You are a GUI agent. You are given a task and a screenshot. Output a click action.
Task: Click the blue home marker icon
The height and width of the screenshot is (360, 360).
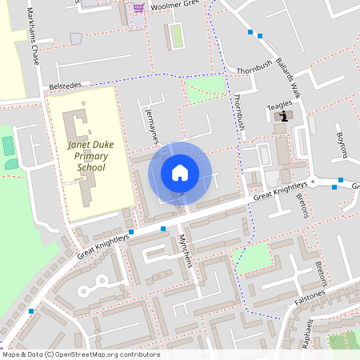pyautogui.click(x=179, y=173)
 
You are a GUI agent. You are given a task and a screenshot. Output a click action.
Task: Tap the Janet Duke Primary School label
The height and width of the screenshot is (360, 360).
pyautogui.click(x=90, y=156)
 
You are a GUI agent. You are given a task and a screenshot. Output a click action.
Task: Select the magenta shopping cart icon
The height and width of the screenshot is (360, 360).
pyautogui.click(x=139, y=8)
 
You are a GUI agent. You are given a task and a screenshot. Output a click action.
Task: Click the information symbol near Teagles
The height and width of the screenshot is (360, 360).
pyautogui.click(x=282, y=117)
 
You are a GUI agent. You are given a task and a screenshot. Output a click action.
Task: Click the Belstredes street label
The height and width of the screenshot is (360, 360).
pyautogui.click(x=66, y=84)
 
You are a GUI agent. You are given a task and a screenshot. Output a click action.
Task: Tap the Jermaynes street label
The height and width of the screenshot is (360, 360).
pyautogui.click(x=151, y=129)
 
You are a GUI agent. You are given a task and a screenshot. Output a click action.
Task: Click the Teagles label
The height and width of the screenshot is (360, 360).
pyautogui.click(x=280, y=104)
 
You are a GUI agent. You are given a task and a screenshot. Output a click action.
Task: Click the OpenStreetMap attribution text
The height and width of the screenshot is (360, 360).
pyautogui.click(x=80, y=354)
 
